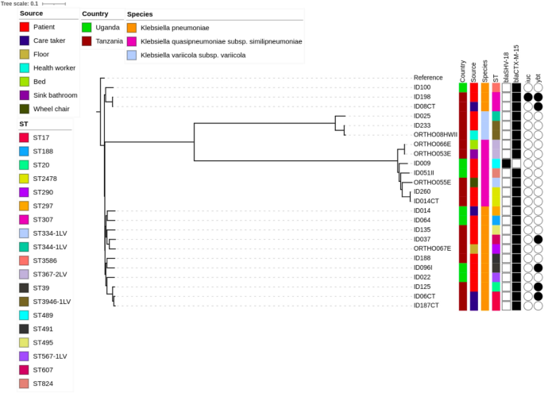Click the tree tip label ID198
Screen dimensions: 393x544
(422, 96)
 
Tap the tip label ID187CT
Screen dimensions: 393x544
(426, 305)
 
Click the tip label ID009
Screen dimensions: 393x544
(422, 163)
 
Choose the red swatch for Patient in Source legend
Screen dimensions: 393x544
(25, 28)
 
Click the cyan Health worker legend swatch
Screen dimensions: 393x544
(25, 68)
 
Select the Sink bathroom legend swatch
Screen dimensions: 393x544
(25, 95)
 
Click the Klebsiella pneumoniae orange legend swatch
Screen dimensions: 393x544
(133, 28)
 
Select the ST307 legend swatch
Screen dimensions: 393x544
(25, 219)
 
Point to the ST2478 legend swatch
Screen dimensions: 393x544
(25, 179)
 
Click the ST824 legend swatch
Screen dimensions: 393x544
(25, 383)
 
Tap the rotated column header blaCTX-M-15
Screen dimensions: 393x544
(516, 64)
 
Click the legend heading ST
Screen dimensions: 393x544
(24, 124)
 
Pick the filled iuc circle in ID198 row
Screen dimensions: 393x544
(527, 97)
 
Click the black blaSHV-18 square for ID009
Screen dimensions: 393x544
(506, 163)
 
